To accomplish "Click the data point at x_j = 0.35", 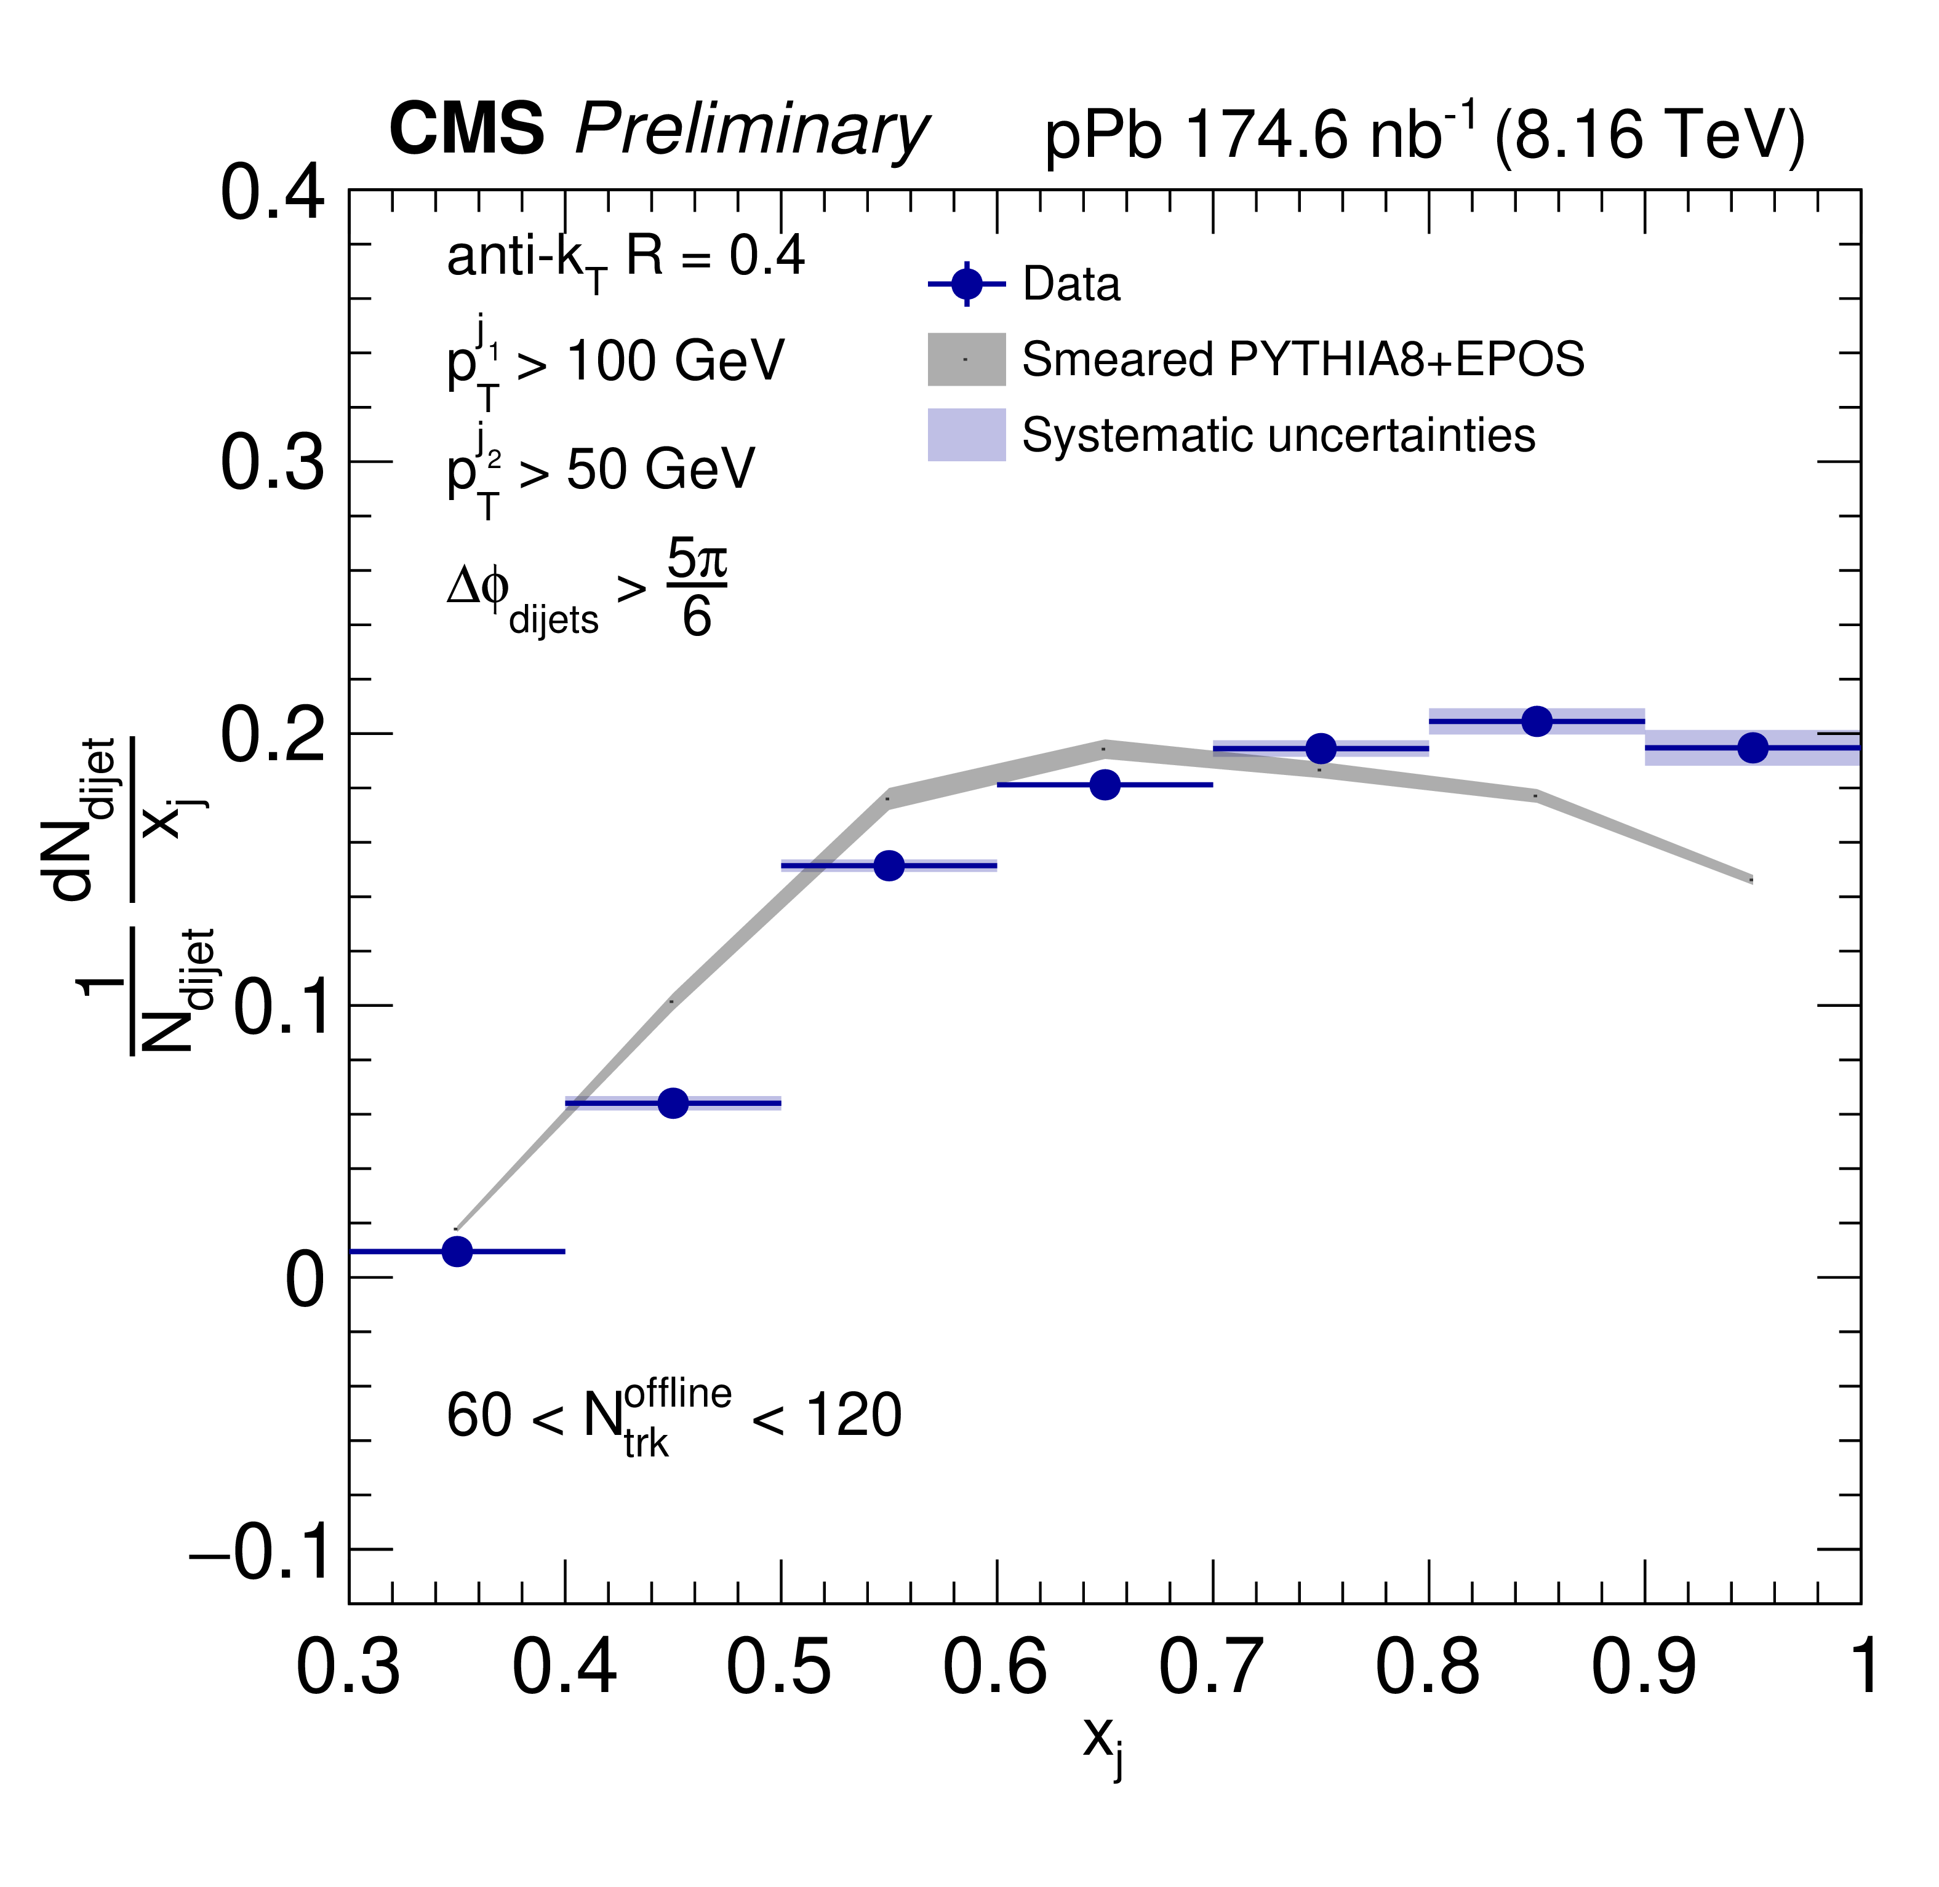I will point(457,1252).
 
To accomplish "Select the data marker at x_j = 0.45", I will point(673,1103).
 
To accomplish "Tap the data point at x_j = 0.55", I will point(889,865).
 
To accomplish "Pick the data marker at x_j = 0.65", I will point(1105,785).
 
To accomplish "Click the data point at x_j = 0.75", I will point(1321,749).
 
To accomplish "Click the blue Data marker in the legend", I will point(967,284).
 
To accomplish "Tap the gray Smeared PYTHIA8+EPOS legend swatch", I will point(967,359).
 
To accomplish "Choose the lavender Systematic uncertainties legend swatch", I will point(967,435).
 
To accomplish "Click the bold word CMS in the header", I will point(466,129).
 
